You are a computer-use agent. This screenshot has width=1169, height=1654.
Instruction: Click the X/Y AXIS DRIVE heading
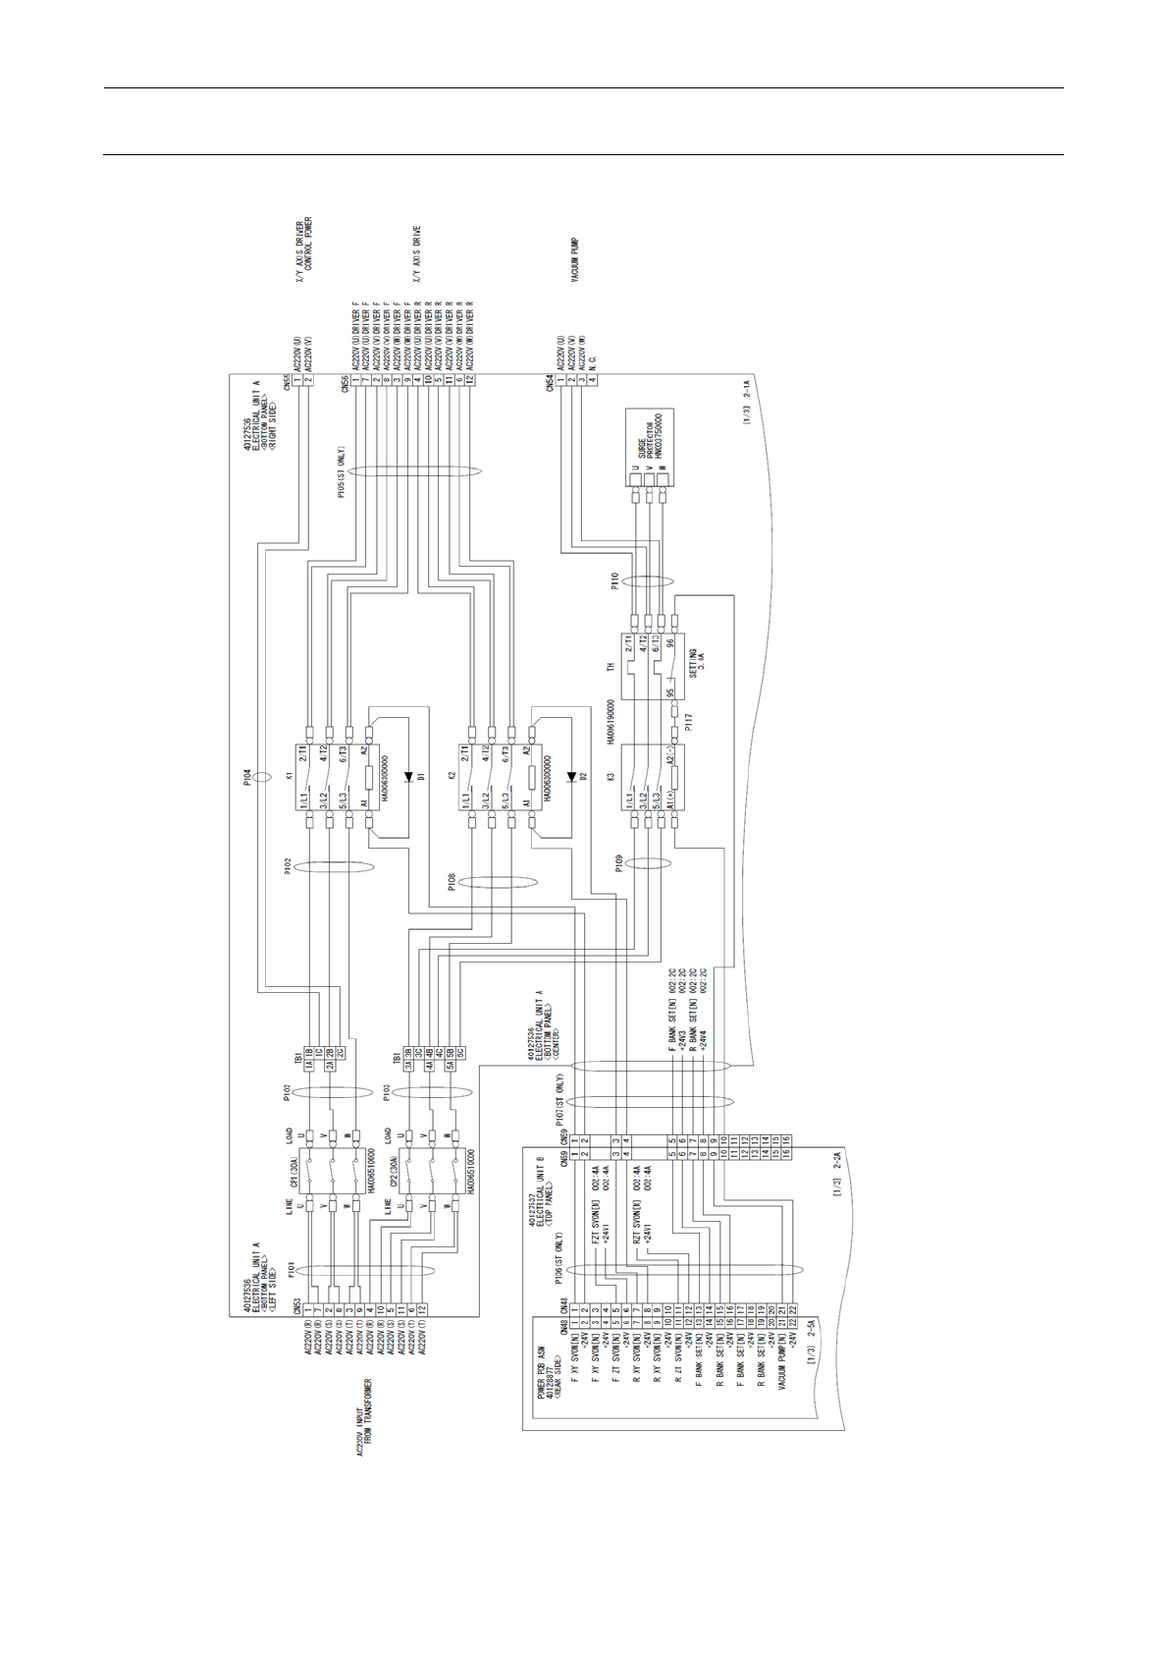pos(417,254)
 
